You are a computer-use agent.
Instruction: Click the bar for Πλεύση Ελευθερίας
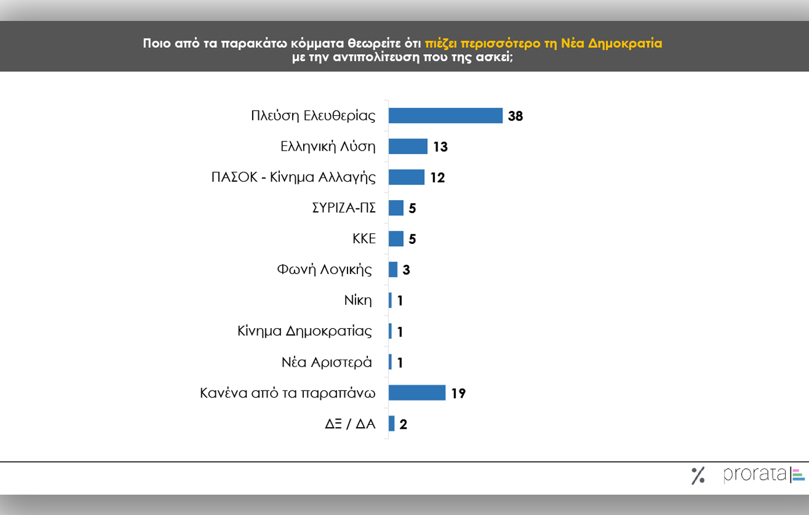(445, 115)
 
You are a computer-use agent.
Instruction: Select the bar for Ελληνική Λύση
(408, 146)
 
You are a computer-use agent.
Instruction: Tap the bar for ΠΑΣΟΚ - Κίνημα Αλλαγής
(406, 177)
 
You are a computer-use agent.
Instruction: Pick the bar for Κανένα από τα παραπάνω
(417, 393)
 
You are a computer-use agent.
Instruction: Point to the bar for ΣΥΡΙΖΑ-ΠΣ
(396, 208)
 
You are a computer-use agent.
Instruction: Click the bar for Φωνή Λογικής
(393, 269)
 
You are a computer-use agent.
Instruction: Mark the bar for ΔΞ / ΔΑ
(392, 424)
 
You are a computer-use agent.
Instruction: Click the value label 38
(515, 116)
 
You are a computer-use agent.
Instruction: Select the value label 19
(458, 393)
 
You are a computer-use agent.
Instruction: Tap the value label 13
(440, 147)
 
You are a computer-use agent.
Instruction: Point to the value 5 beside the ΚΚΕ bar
(412, 239)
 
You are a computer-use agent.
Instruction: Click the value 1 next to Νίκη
(400, 301)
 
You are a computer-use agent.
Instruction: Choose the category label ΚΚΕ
(364, 239)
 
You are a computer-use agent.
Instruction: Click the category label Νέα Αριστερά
(327, 362)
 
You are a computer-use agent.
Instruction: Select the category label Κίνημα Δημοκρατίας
(304, 331)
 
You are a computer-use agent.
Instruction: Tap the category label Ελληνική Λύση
(328, 146)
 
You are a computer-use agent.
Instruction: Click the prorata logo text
(755, 474)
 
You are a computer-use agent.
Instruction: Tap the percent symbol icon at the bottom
(698, 475)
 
